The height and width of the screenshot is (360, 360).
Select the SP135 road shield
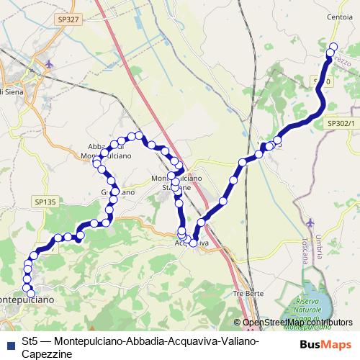pyautogui.click(x=44, y=203)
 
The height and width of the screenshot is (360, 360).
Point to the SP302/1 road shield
pyautogui.click(x=342, y=124)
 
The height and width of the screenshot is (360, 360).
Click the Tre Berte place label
pyautogui.click(x=248, y=294)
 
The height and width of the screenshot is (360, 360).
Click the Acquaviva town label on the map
pyautogui.click(x=192, y=243)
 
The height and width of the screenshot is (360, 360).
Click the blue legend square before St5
pyautogui.click(x=9, y=341)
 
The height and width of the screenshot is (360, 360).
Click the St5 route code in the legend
pyautogui.click(x=29, y=341)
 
